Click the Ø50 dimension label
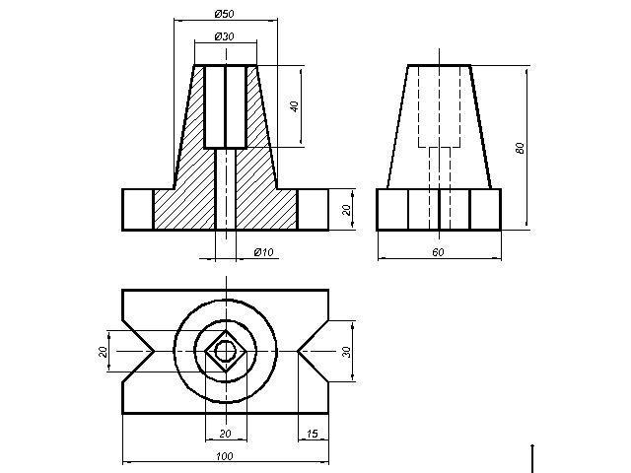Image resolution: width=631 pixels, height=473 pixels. click(224, 14)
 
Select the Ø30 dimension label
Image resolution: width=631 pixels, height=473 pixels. click(224, 36)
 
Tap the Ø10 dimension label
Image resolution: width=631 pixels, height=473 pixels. click(263, 253)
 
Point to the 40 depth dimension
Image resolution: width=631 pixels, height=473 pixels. click(294, 106)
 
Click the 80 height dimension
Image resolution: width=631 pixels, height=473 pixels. click(520, 148)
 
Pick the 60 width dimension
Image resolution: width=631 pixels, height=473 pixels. click(438, 253)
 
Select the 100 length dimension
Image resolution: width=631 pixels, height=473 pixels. click(225, 456)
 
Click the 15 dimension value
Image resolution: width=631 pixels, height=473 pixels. click(313, 434)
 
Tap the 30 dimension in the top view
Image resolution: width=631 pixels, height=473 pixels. click(346, 351)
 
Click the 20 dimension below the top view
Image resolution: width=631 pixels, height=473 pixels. click(224, 434)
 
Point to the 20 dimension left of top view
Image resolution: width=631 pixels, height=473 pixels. click(102, 352)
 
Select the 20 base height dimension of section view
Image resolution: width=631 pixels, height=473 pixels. click(346, 209)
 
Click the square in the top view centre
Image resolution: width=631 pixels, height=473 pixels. click(225, 350)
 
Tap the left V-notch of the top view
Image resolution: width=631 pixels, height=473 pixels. click(138, 351)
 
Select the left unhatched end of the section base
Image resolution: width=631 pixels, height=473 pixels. click(137, 209)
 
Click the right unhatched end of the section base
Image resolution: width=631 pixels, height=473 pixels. click(313, 209)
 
